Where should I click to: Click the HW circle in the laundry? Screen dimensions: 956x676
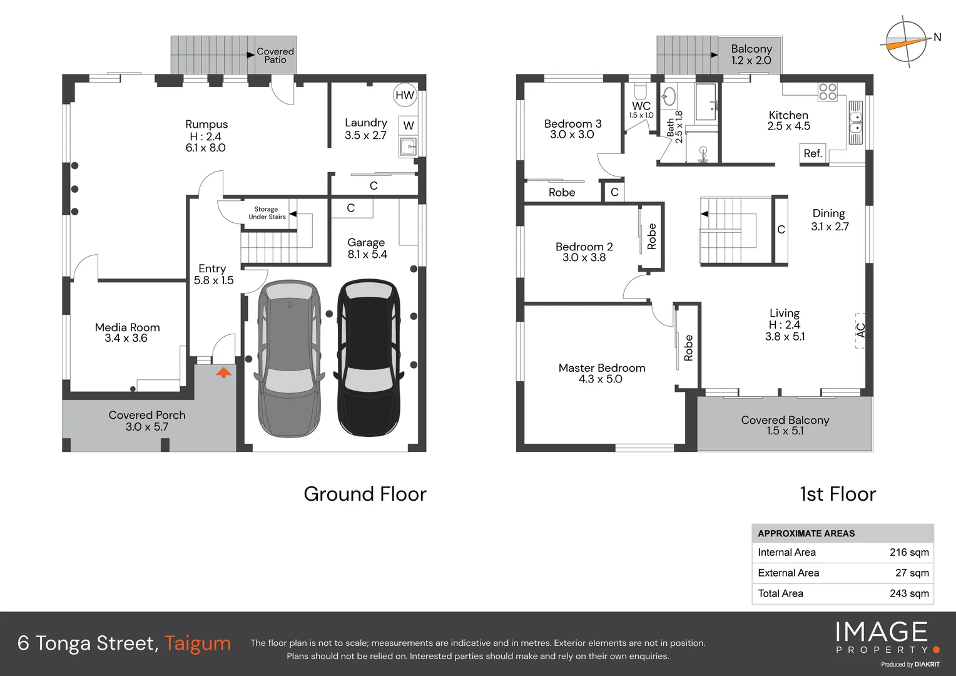(405, 95)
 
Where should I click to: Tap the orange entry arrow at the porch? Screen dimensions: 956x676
(223, 372)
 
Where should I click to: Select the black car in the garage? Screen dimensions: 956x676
(369, 358)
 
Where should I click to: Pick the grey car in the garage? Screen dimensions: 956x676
(289, 359)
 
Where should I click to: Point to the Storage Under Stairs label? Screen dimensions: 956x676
(267, 213)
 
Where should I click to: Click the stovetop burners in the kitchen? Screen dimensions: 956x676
(828, 92)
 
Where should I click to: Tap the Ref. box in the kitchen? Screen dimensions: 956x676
(813, 153)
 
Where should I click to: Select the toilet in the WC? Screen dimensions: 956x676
(641, 91)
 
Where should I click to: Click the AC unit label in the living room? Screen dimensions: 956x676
(860, 330)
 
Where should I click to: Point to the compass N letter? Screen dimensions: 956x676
(937, 37)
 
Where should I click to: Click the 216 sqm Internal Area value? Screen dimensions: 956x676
(909, 552)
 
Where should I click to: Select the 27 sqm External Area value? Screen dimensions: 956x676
(912, 573)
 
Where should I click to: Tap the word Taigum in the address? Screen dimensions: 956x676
(198, 643)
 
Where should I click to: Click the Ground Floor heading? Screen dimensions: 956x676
(365, 494)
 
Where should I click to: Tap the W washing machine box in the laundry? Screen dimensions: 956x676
(409, 126)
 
